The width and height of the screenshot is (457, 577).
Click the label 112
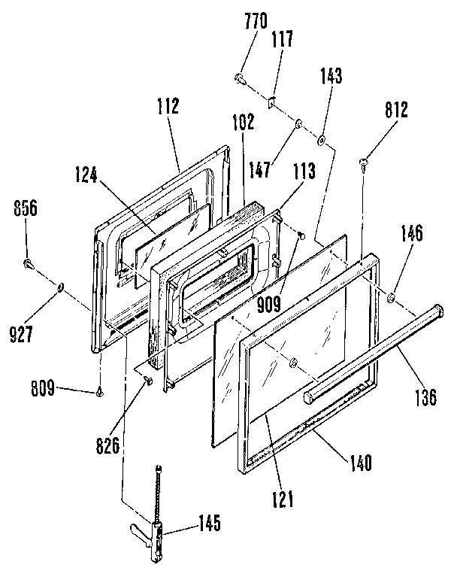click(168, 106)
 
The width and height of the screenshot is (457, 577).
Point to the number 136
click(427, 396)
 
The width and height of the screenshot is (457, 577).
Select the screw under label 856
click(29, 263)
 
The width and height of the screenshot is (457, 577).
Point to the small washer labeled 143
click(321, 139)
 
